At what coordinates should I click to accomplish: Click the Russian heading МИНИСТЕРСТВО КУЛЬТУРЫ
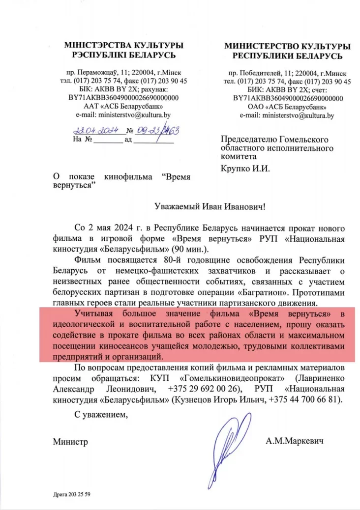click(287, 46)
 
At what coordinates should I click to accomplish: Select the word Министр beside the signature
click(70, 442)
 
